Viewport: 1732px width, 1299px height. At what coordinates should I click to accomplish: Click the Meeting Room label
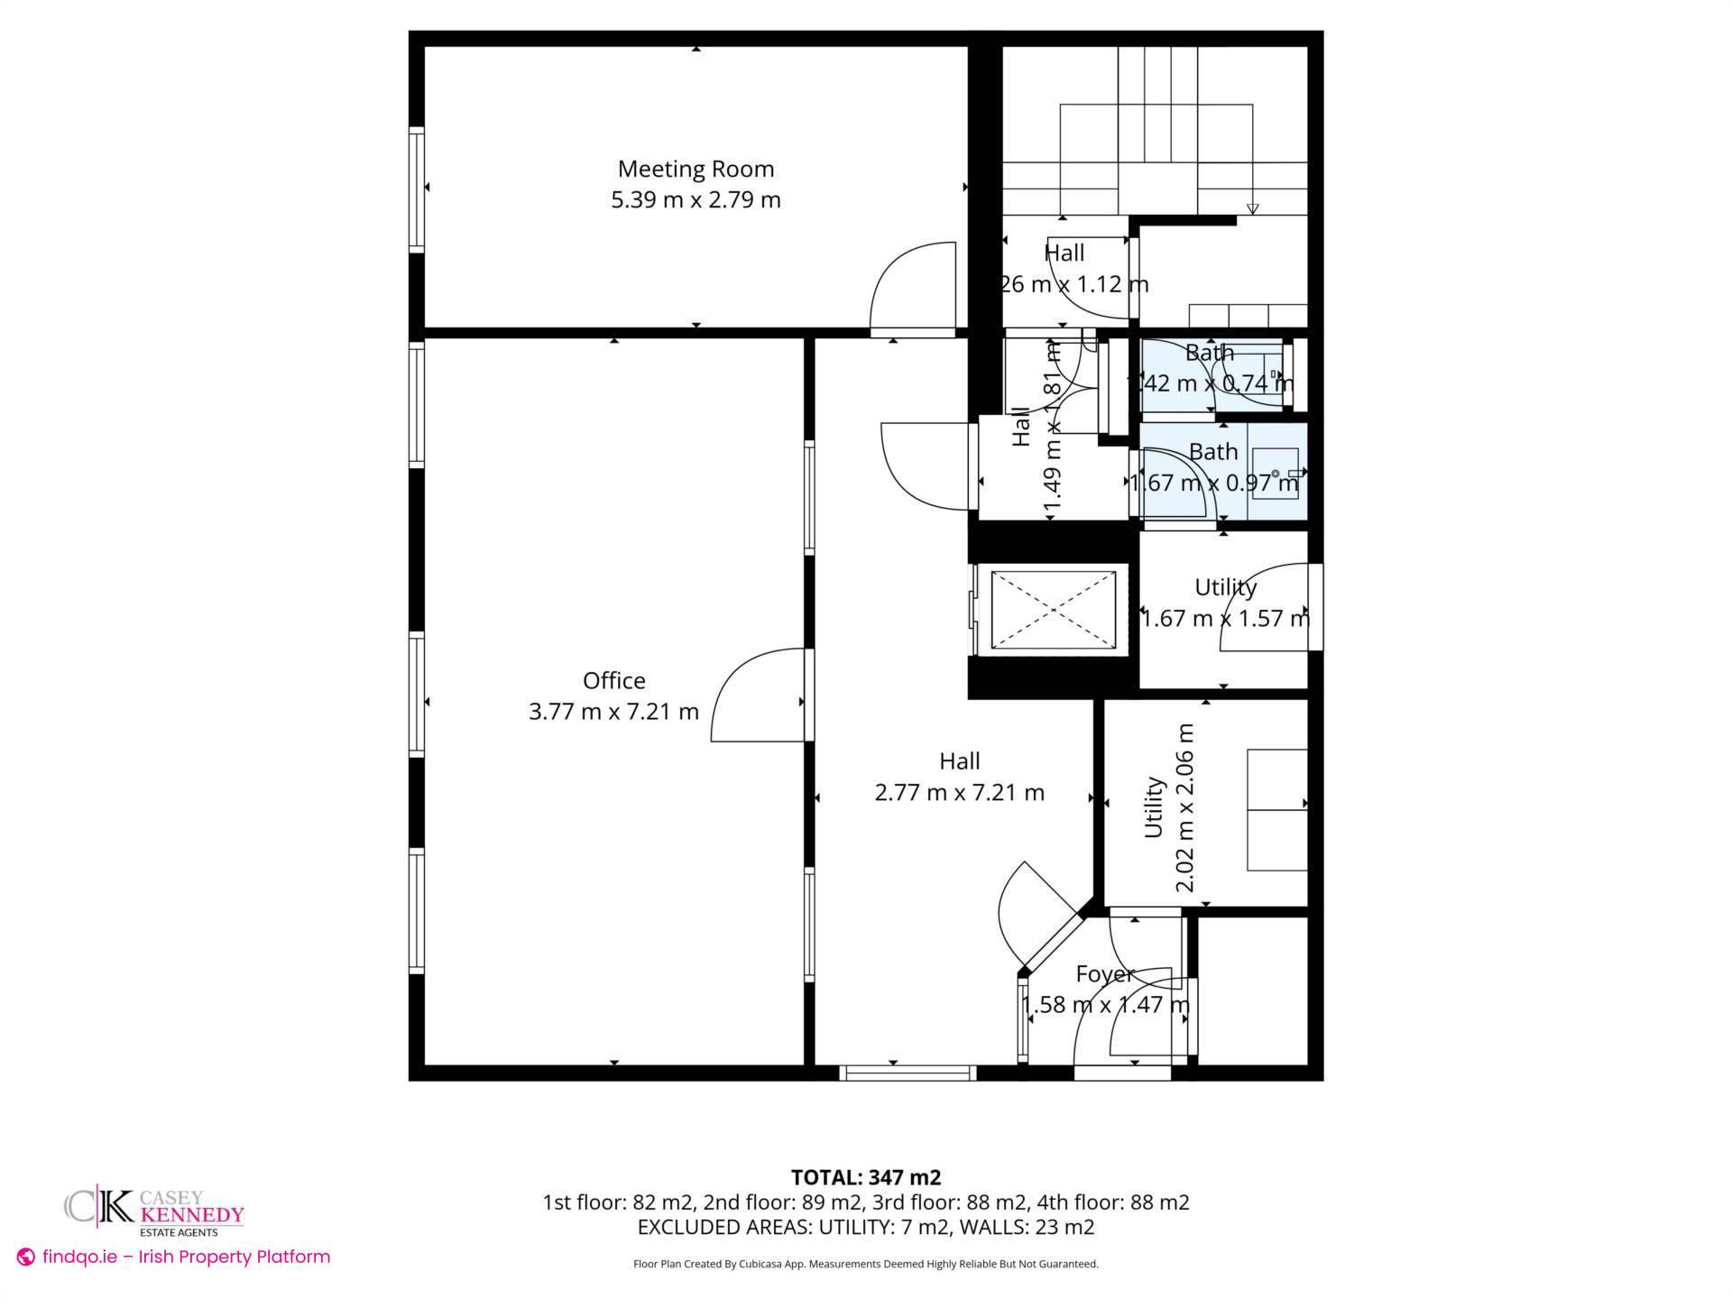pyautogui.click(x=696, y=169)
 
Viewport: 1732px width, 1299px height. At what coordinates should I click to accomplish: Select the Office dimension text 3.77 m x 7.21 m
pyautogui.click(x=613, y=712)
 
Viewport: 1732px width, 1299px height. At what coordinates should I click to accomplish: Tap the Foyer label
pyautogui.click(x=1104, y=974)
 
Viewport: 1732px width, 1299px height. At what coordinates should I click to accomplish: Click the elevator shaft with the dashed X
pyautogui.click(x=1053, y=609)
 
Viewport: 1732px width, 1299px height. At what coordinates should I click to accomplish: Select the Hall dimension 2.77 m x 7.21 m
pyautogui.click(x=959, y=793)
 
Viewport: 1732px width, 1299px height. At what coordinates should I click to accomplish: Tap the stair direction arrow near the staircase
pyautogui.click(x=1252, y=208)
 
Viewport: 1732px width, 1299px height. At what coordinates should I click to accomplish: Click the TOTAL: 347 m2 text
pyautogui.click(x=865, y=1177)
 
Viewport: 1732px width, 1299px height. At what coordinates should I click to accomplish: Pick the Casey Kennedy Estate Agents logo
pyautogui.click(x=153, y=1211)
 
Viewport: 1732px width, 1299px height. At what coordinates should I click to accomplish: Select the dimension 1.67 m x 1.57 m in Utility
pyautogui.click(x=1225, y=619)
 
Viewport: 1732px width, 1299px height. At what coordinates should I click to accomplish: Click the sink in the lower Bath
pyautogui.click(x=1275, y=474)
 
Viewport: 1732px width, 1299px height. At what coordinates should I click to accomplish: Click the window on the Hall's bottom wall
pyautogui.click(x=907, y=1073)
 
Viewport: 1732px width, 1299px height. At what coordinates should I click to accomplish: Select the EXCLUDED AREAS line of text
pyautogui.click(x=865, y=1227)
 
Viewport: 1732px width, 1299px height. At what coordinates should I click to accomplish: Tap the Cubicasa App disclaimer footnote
pyautogui.click(x=865, y=1264)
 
